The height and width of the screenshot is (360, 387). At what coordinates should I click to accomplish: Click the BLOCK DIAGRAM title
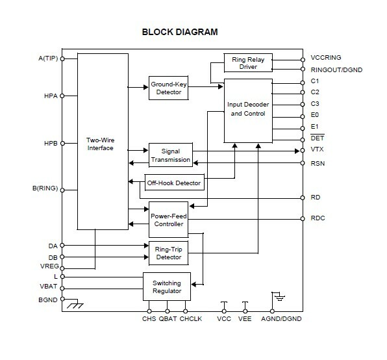(180, 32)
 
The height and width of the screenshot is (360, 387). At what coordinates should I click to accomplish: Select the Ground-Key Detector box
(169, 88)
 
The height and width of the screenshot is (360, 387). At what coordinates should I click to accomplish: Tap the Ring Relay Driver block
(248, 63)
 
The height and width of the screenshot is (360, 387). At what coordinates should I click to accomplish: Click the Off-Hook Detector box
(174, 183)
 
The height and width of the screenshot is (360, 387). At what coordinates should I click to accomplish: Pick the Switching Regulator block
(167, 287)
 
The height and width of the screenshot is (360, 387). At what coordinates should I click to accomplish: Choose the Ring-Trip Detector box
(169, 253)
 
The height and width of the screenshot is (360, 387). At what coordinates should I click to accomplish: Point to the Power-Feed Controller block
(169, 220)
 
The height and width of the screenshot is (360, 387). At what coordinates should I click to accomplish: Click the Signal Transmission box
(171, 155)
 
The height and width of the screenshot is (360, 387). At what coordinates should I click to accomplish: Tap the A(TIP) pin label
(48, 58)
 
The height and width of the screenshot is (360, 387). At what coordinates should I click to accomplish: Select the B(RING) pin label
(45, 188)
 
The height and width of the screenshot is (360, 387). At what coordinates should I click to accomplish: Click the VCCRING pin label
(326, 58)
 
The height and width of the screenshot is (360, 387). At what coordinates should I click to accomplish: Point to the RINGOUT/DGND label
(336, 70)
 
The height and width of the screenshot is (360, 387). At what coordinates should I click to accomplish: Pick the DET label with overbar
(318, 138)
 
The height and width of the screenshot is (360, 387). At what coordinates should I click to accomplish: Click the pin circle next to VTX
(303, 150)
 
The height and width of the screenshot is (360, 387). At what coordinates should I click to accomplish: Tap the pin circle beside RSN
(303, 163)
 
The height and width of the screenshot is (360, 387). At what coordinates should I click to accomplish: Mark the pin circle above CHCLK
(185, 311)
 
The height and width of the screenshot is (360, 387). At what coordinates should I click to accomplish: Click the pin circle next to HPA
(62, 96)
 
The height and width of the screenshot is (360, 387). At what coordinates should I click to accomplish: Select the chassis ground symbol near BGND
(75, 303)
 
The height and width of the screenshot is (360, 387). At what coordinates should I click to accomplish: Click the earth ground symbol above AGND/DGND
(279, 296)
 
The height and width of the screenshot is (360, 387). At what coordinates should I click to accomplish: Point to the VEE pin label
(245, 319)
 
